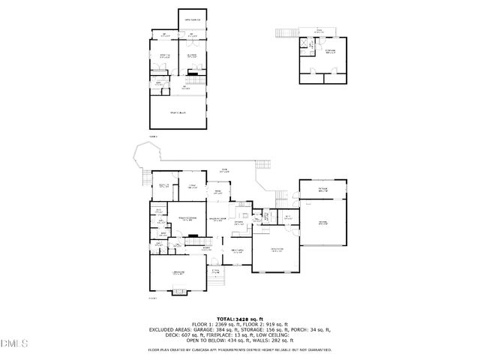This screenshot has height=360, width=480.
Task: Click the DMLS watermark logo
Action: click(14, 343)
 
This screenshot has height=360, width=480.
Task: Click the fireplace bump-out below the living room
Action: click(178, 292)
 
